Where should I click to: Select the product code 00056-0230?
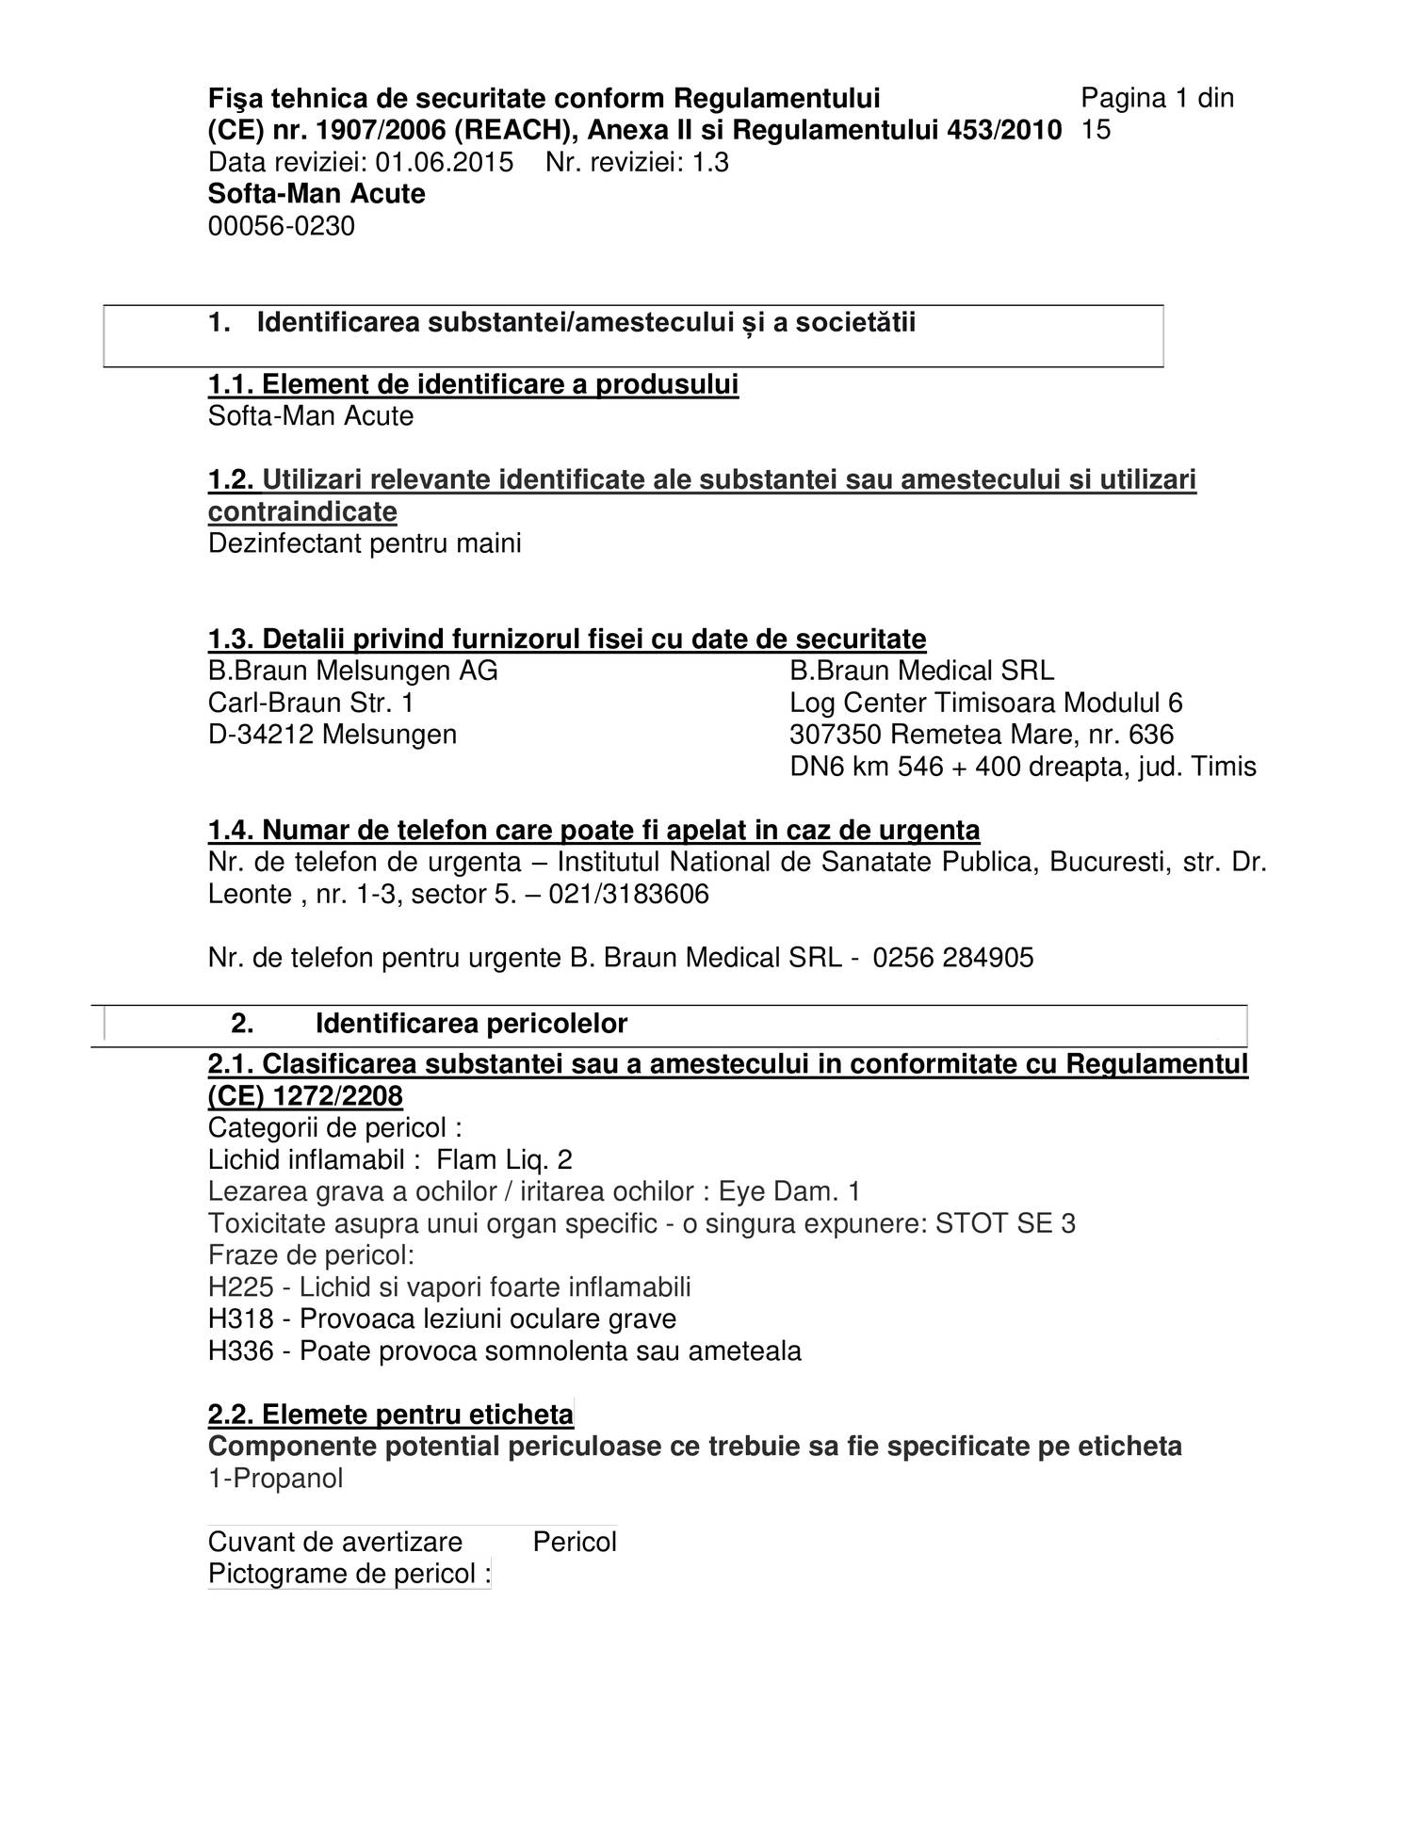[x=282, y=227]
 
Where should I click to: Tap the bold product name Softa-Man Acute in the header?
[x=317, y=195]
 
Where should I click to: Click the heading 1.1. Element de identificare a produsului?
[x=473, y=385]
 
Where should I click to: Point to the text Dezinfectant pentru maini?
[x=365, y=544]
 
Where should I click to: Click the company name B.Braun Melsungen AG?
[x=353, y=671]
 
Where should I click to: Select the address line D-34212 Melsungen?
[x=333, y=735]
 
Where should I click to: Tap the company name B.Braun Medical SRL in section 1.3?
[x=921, y=671]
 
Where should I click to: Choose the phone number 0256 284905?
[x=953, y=959]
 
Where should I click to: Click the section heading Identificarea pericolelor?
[x=471, y=1024]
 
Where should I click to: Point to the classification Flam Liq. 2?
[x=505, y=1160]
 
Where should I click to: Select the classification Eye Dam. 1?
[x=789, y=1192]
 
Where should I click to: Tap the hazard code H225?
[x=241, y=1288]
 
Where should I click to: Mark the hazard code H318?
[x=241, y=1320]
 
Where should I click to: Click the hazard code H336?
[x=241, y=1352]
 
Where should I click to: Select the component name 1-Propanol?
[x=276, y=1480]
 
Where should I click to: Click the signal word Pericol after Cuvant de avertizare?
[x=575, y=1543]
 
